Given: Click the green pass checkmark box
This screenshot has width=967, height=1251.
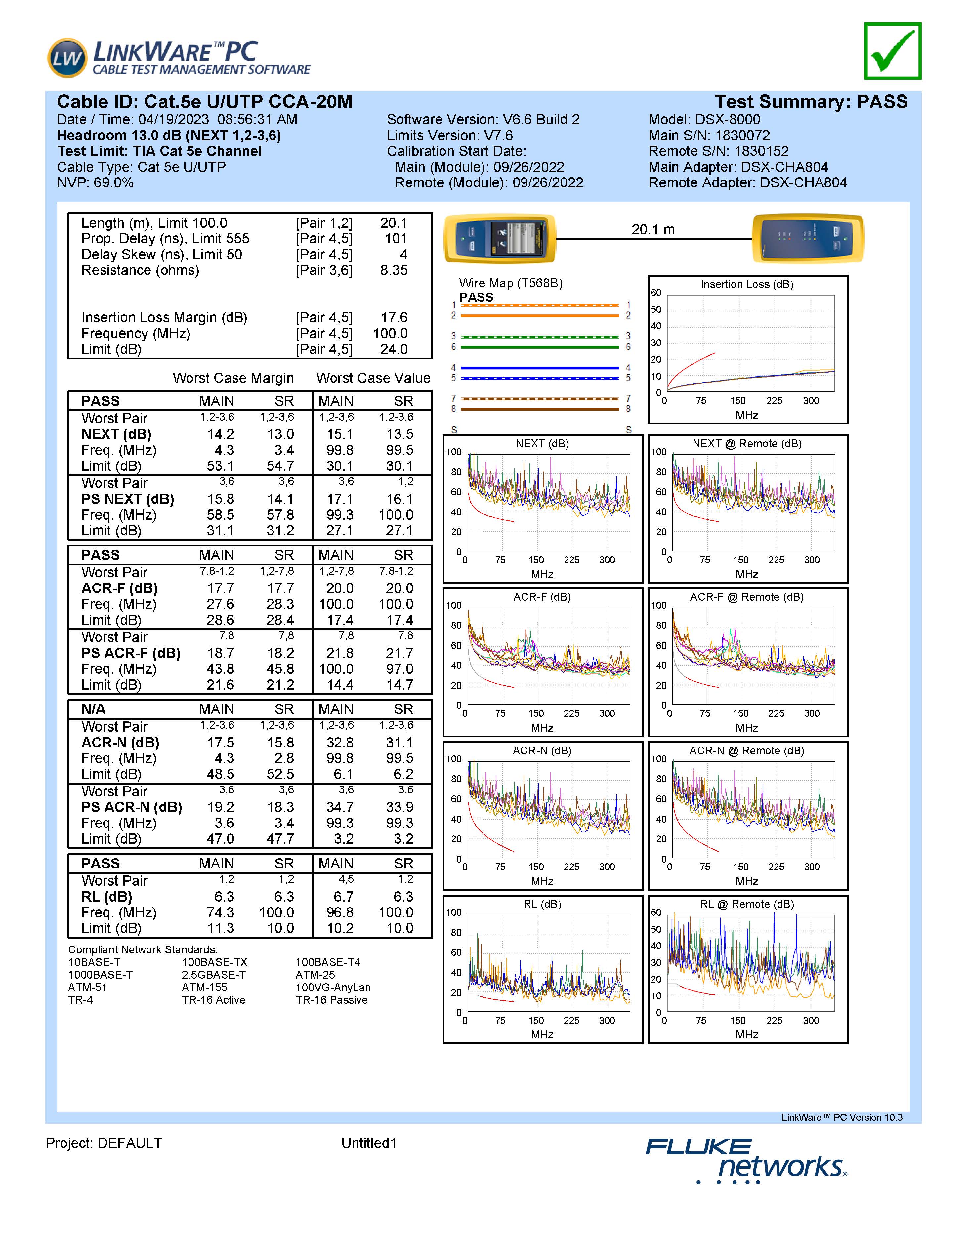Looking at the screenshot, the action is click(x=893, y=51).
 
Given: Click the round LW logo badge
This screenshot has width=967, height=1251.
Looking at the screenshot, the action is click(x=67, y=58).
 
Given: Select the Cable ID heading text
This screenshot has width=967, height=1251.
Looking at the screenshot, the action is click(x=204, y=102).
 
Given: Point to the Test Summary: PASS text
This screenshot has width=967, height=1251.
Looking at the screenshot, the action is click(x=811, y=102).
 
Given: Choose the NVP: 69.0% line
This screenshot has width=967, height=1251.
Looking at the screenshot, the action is click(x=95, y=183).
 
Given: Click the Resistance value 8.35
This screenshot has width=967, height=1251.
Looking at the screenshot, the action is click(x=394, y=270).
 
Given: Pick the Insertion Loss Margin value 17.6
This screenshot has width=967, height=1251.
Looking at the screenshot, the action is click(x=394, y=318).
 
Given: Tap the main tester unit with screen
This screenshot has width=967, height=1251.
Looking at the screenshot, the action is click(x=500, y=238).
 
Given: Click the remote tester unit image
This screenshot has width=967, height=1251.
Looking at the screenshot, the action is click(x=808, y=238).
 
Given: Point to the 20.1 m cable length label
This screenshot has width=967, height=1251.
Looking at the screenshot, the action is click(x=653, y=230).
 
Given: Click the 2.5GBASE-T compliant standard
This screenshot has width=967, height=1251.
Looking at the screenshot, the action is click(x=214, y=975).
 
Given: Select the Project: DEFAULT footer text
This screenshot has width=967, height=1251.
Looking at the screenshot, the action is click(x=104, y=1143).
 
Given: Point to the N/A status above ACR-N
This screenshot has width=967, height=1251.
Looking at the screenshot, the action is click(x=93, y=709).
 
